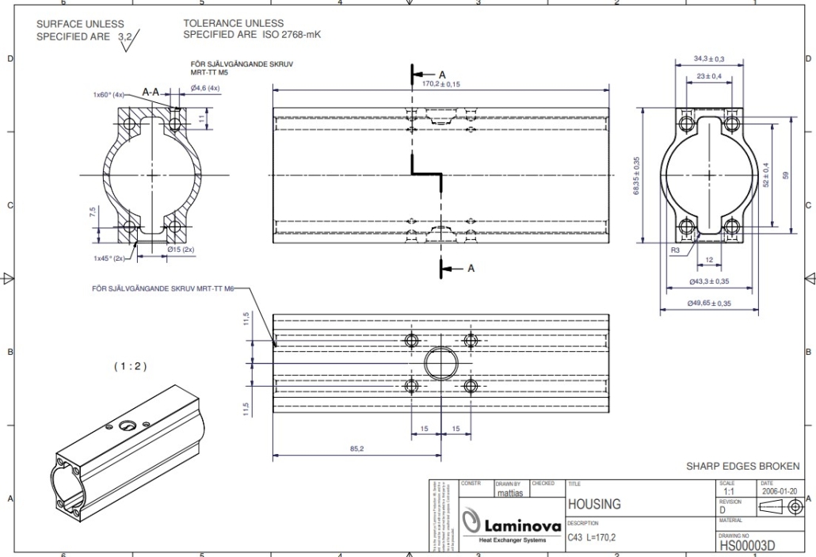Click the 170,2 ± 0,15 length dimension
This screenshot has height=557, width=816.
(441, 83)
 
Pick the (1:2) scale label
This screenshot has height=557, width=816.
(131, 366)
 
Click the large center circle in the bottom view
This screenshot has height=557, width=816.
(440, 364)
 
